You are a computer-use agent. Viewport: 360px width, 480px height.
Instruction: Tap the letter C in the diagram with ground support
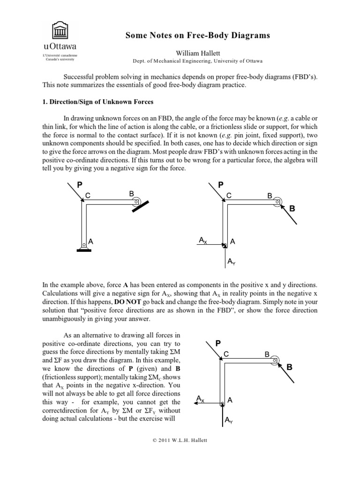point(87,195)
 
